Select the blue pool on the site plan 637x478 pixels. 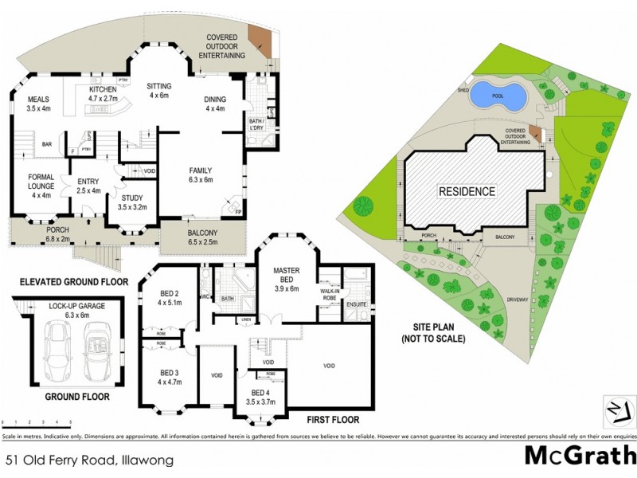pos(498,96)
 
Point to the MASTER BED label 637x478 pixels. pos(287,276)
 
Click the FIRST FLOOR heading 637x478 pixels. pos(332,419)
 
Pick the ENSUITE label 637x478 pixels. pos(357,304)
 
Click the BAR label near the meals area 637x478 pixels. pos(47,145)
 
